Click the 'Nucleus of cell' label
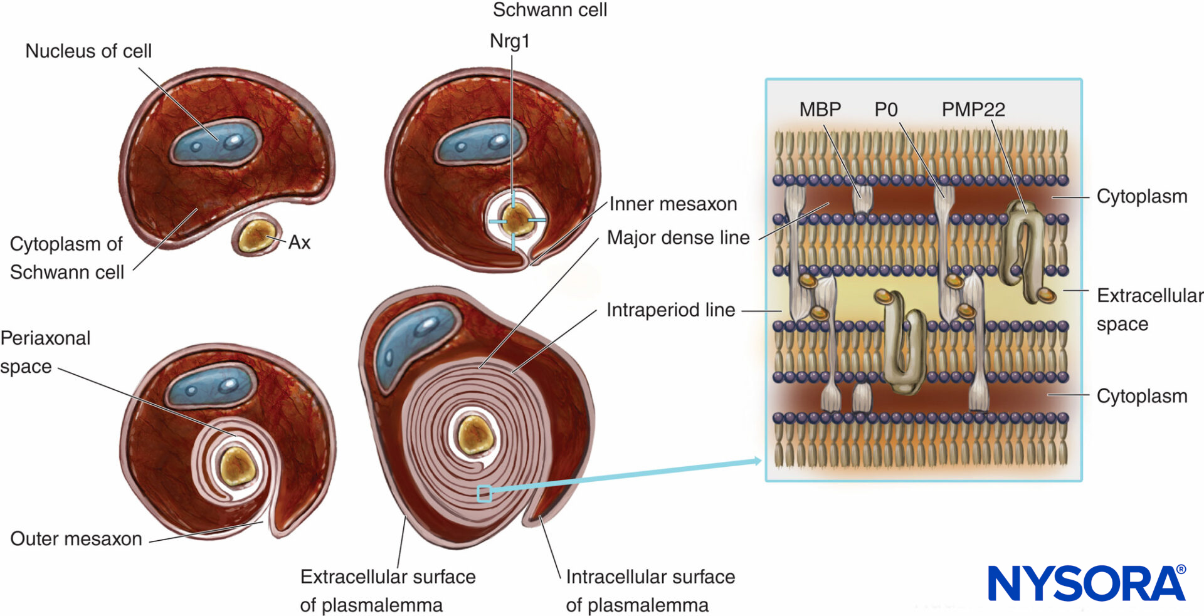tap(88, 51)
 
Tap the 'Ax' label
tap(299, 243)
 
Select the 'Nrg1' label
tap(509, 41)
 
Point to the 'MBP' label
tap(820, 109)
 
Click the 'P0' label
tap(885, 109)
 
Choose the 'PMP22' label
tap(973, 109)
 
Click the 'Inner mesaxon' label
tap(673, 204)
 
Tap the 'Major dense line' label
tap(678, 238)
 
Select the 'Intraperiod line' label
tap(670, 310)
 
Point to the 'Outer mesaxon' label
tap(76, 538)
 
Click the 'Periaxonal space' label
tap(45, 352)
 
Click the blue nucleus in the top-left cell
tap(215, 144)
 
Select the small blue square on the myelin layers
tap(483, 494)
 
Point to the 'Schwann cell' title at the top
tap(549, 10)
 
